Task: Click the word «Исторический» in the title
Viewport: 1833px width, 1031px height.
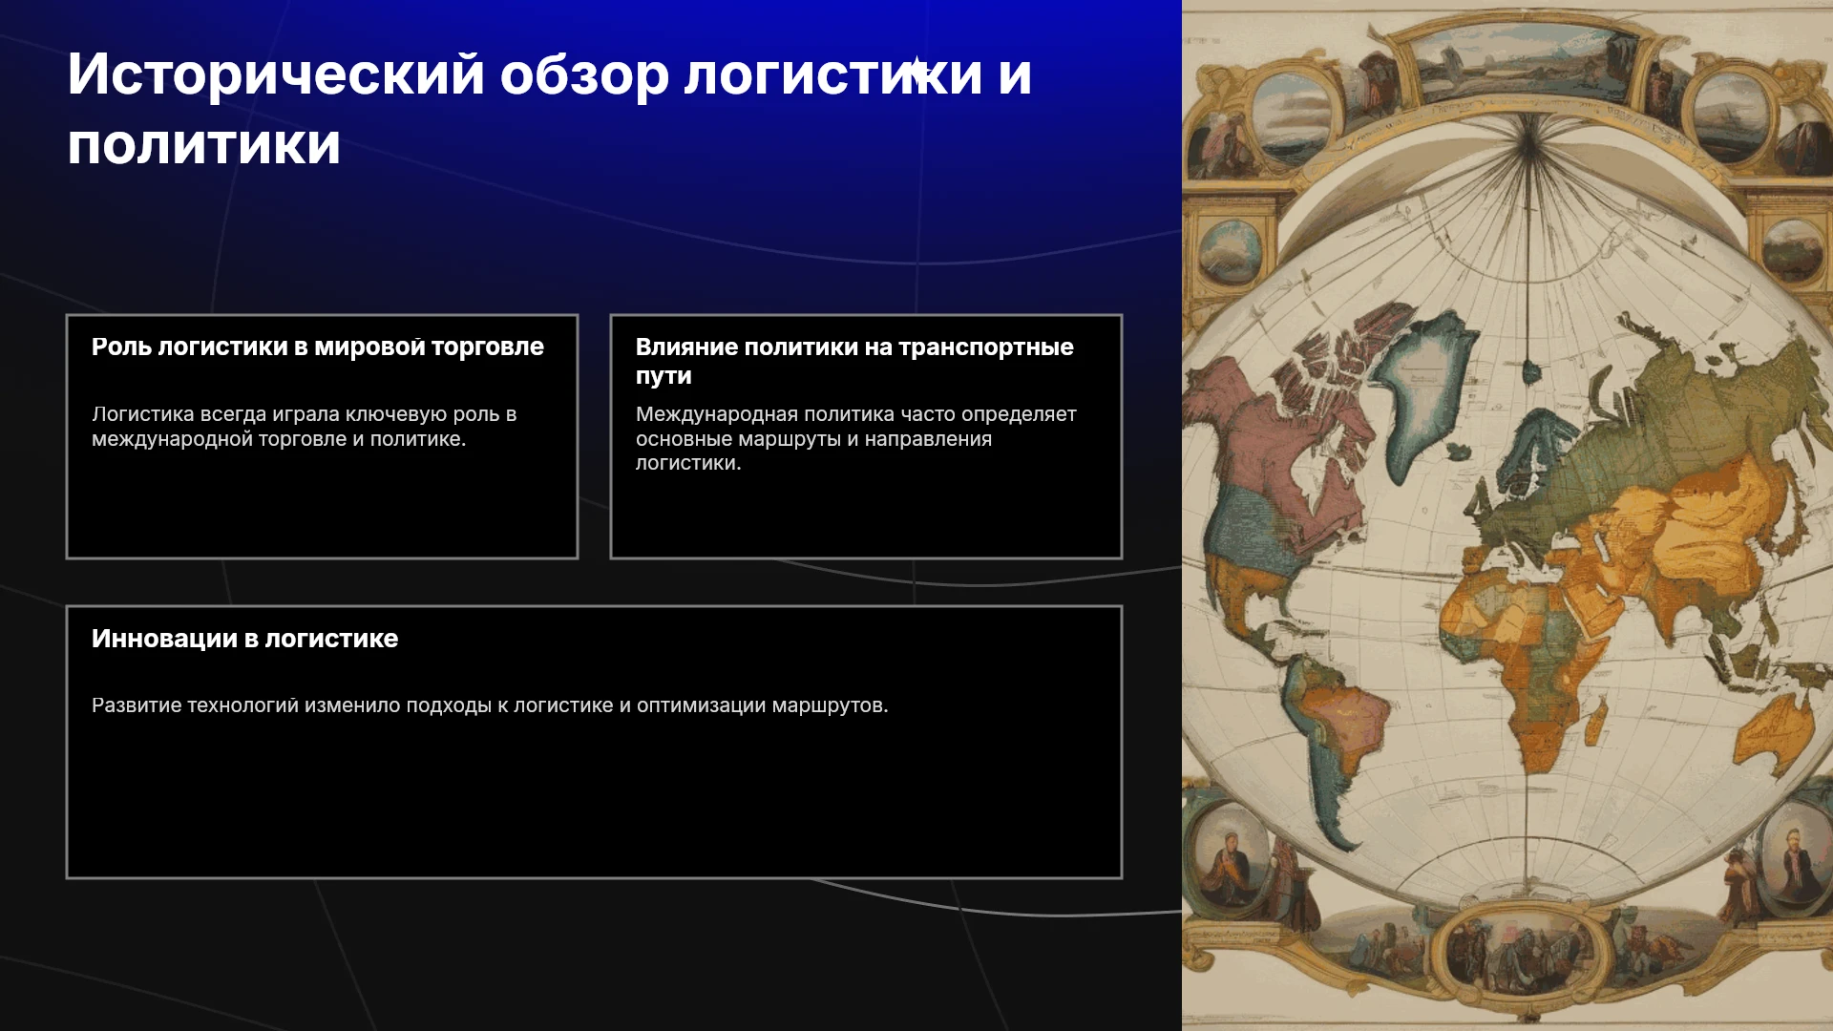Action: [276, 75]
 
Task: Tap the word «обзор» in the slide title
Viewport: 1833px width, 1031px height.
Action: [584, 75]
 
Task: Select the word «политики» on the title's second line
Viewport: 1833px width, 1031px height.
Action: [203, 146]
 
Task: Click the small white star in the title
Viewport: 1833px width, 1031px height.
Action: [916, 70]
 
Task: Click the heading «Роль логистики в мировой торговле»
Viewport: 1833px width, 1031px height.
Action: [318, 347]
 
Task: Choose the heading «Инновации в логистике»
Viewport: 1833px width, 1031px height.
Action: [244, 639]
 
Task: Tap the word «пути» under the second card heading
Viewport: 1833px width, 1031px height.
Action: [664, 376]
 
